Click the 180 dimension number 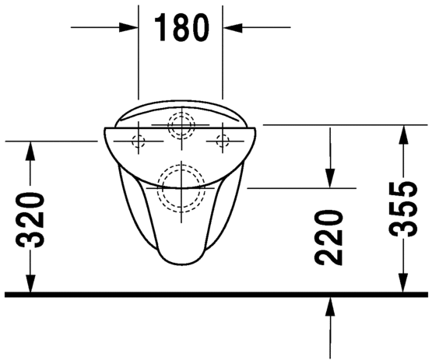point(181,28)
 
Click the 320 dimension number point(30,219)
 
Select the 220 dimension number point(328,237)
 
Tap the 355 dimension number point(402,209)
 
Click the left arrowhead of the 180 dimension point(128,27)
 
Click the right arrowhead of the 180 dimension point(233,27)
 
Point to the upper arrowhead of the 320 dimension point(30,151)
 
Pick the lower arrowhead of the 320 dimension point(30,283)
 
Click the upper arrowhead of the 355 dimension point(403,135)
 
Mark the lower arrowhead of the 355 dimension point(403,283)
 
